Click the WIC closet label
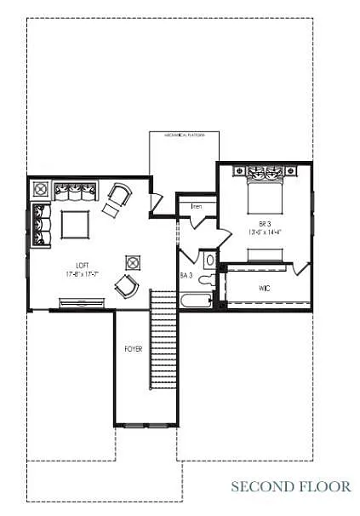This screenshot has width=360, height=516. click(264, 289)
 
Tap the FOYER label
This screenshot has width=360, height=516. click(134, 349)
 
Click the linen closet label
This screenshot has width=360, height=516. click(197, 206)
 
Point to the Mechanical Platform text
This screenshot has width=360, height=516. click(184, 135)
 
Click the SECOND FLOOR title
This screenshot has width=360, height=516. click(290, 486)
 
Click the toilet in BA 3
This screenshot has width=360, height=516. click(210, 260)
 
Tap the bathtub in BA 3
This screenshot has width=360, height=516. click(196, 301)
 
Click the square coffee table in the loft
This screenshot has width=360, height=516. click(77, 224)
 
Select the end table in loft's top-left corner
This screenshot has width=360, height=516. click(40, 188)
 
